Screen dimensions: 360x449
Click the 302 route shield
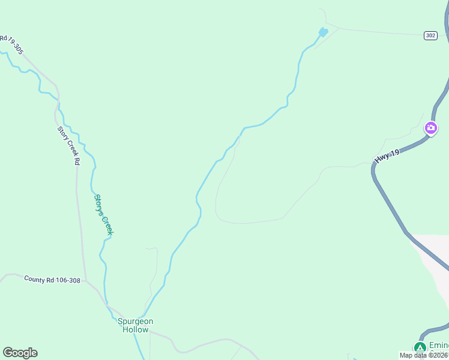point(429,35)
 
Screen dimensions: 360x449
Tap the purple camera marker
point(430,128)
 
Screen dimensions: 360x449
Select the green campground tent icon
point(420,347)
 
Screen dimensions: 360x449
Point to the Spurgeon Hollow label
point(135,325)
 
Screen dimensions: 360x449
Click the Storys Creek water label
point(103,214)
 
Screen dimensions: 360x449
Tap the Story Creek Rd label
point(68,145)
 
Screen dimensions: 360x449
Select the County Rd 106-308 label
point(52,280)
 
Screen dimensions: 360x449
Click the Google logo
point(20,353)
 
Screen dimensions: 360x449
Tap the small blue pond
point(323,32)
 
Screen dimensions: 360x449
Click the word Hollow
point(135,329)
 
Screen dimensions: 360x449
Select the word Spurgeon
point(135,321)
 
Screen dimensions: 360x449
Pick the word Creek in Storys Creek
point(106,224)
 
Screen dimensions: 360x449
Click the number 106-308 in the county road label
point(65,280)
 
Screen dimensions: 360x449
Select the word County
point(34,278)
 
